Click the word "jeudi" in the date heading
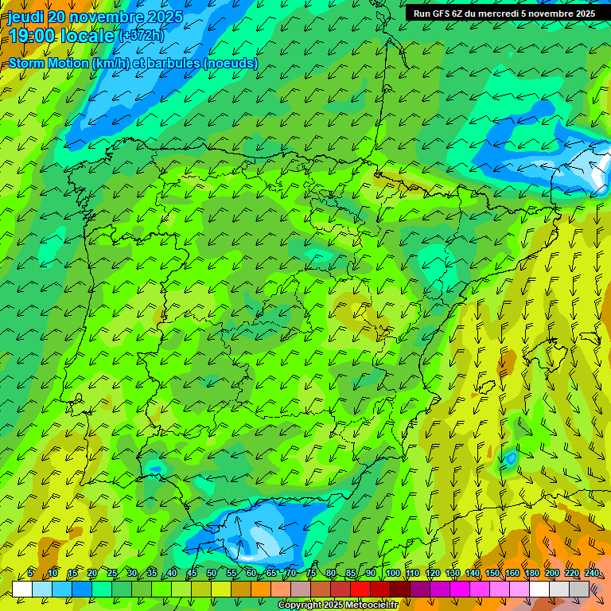26,17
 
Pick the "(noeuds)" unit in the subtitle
231,64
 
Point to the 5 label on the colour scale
30,574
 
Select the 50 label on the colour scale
211,574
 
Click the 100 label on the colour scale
392,574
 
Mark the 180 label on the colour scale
531,574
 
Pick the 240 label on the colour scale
591,574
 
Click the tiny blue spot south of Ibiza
510,458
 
